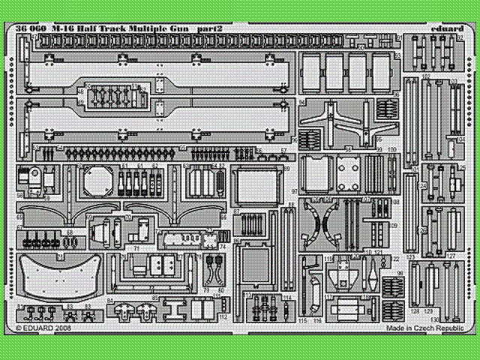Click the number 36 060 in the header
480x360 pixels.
pos(30,28)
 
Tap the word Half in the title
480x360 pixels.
pos(91,28)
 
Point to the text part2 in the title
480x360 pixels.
pos(213,28)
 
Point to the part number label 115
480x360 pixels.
pos(302,320)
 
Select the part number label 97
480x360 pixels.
pos(296,192)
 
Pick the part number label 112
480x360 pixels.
pos(223,316)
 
